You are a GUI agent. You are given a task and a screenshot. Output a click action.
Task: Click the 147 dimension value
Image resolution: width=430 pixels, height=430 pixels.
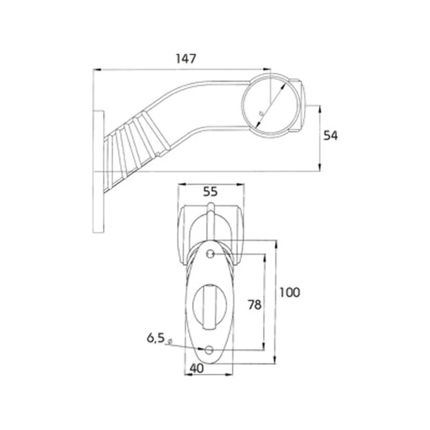coord(186,59)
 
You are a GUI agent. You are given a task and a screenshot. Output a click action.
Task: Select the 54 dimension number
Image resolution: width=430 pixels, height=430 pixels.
coord(331,136)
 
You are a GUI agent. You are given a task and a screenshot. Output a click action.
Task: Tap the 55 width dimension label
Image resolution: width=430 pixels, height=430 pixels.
coord(210,192)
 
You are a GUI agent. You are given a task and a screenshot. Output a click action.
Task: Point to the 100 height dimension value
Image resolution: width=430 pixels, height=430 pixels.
coord(290,292)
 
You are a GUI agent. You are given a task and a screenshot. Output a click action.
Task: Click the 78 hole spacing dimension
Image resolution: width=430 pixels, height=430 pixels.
coord(254,305)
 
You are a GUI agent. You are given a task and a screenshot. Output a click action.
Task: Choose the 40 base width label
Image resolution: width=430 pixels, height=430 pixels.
coord(197,369)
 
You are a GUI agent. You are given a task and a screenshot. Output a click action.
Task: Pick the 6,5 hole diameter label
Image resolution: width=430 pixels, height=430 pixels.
coord(155,338)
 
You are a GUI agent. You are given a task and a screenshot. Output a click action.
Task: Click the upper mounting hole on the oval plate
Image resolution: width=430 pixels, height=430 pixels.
coord(210,254)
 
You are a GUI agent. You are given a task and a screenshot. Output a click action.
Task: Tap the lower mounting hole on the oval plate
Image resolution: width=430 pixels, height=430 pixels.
coord(209,350)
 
